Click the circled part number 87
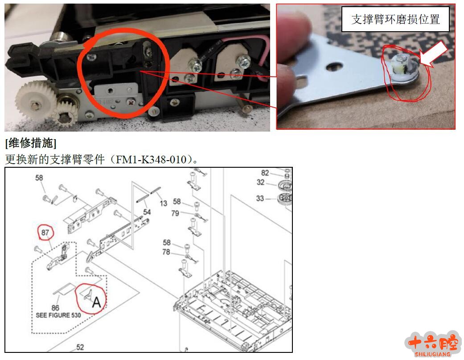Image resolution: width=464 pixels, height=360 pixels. point(45,232)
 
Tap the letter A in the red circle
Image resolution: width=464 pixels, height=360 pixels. point(97,302)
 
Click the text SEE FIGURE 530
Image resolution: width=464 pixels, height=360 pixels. point(58,315)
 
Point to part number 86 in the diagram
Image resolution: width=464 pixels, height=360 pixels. point(55,308)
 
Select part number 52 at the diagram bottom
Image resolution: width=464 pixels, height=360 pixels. point(80,347)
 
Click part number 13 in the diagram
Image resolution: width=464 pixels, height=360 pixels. point(164,203)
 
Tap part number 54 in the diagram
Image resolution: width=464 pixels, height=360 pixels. point(147,212)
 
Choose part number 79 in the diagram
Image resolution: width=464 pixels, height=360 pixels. point(175,213)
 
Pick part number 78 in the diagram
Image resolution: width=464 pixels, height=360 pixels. point(166,252)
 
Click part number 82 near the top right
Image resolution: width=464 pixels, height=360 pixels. point(265,173)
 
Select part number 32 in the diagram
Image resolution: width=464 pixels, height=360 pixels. point(260,182)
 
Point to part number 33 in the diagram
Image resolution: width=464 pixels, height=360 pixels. point(260,198)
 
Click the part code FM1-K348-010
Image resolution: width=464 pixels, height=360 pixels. point(151,160)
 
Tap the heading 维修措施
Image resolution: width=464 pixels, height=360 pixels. point(31,143)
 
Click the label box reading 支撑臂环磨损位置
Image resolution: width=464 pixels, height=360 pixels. point(396,19)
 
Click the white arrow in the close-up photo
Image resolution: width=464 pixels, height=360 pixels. point(434,53)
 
